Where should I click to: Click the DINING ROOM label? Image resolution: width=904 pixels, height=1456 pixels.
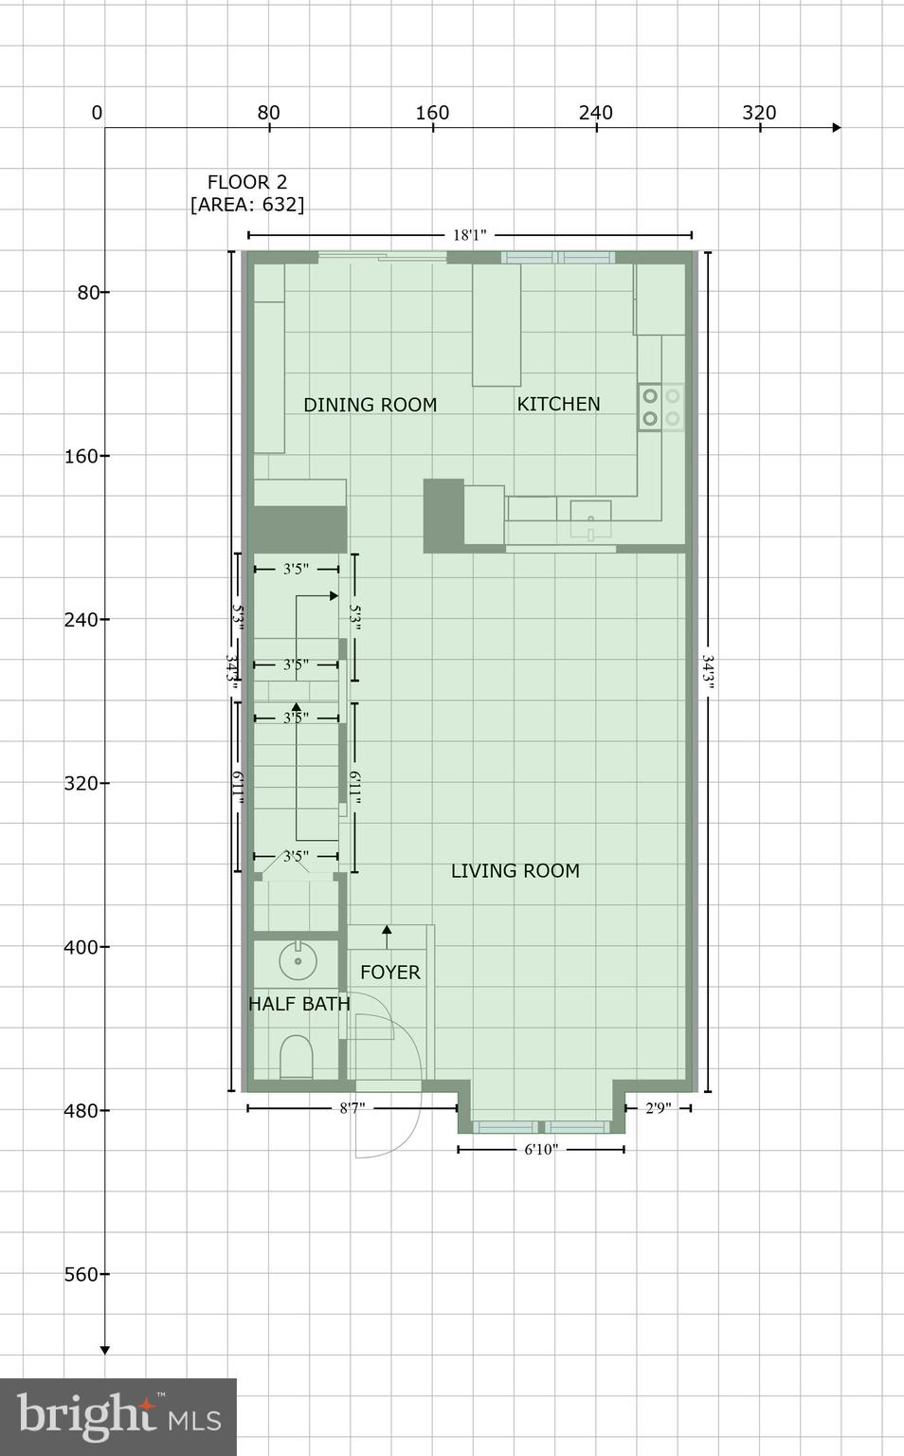(370, 405)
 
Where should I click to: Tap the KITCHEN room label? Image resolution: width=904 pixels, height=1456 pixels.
(558, 404)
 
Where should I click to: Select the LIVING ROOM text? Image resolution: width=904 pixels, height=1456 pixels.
(515, 870)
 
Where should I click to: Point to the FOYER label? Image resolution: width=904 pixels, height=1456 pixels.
(389, 972)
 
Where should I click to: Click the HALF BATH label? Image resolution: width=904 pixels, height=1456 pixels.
(298, 1003)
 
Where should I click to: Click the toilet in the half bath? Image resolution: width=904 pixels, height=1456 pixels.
(296, 1057)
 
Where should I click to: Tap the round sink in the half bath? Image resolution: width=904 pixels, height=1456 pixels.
(298, 961)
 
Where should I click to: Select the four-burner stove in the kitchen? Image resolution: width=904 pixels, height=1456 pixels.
(660, 407)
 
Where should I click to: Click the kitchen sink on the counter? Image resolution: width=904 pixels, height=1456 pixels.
(590, 519)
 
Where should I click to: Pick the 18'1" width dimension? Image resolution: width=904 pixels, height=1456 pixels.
(469, 235)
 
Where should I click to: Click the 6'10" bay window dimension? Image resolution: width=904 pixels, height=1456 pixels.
(541, 1150)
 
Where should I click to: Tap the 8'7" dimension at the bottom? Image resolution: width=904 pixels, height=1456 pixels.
(353, 1108)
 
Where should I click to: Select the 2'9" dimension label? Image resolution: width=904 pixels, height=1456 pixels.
(658, 1108)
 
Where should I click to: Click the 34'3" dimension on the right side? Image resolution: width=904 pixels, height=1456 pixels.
(708, 674)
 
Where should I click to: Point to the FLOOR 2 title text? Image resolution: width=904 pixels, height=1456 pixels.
(247, 182)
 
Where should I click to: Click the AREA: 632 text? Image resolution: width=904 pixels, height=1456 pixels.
(247, 205)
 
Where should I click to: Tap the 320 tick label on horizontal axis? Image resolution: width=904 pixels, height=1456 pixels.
(759, 113)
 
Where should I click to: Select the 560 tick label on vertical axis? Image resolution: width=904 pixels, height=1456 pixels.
(81, 1274)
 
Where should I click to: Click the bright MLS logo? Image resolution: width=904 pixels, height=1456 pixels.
(118, 1417)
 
